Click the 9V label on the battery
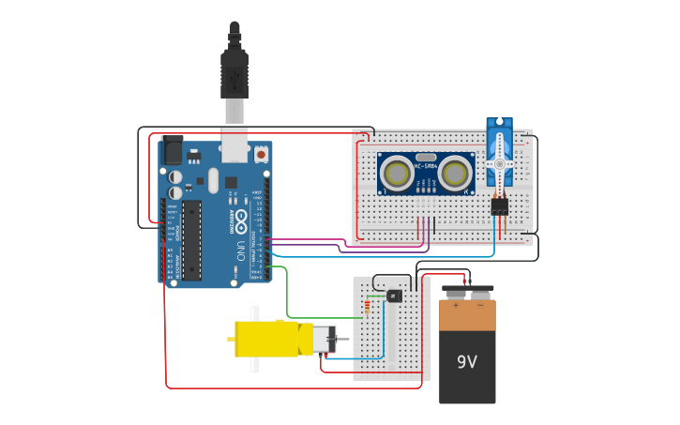(467, 362)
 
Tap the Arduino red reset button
(259, 153)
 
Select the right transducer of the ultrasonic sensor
(455, 173)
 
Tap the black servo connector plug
(499, 206)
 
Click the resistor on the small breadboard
(367, 306)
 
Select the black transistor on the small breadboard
(394, 296)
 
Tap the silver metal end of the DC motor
(322, 339)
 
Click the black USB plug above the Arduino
(234, 75)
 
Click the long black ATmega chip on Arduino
(191, 240)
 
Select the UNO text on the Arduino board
(240, 251)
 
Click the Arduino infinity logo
(240, 222)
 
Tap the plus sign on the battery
(456, 305)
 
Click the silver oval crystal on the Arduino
(213, 180)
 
